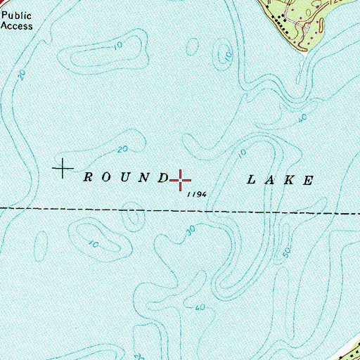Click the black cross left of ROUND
click(x=63, y=169)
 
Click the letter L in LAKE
click(x=250, y=180)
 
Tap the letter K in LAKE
click(x=289, y=180)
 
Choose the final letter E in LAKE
click(x=308, y=180)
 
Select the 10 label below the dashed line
click(x=93, y=245)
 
